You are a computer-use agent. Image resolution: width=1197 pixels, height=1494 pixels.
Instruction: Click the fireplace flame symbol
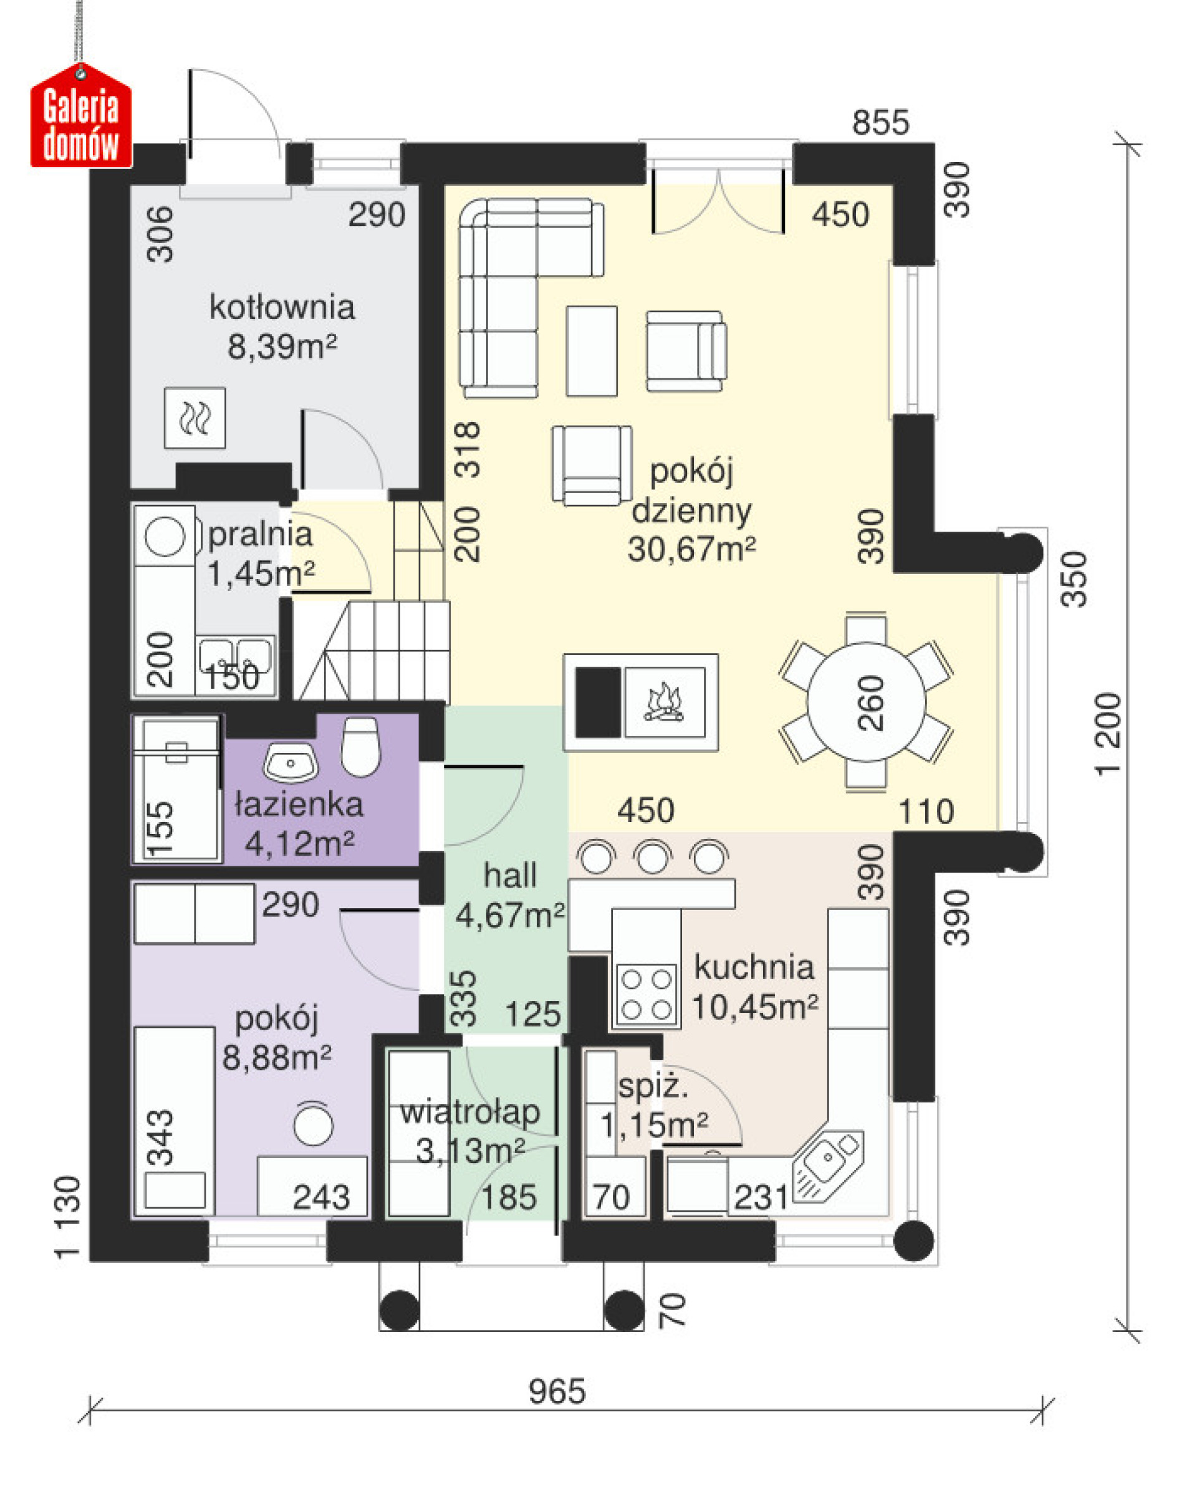(x=664, y=702)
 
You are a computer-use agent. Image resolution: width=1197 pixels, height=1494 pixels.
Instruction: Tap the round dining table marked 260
(x=867, y=701)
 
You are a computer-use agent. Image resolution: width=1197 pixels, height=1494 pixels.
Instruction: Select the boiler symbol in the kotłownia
(x=195, y=418)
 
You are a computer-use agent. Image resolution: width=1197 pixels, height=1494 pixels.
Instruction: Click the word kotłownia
(x=281, y=307)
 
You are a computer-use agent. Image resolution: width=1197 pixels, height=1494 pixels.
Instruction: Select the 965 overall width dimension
(x=557, y=1391)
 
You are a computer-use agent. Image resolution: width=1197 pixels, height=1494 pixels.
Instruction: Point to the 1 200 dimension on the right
(x=1108, y=734)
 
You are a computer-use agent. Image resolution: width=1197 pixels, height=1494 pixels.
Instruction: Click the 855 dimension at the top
(x=880, y=123)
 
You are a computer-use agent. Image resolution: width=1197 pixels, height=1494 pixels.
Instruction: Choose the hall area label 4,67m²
(x=510, y=916)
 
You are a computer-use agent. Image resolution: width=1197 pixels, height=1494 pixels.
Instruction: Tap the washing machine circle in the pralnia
(x=165, y=537)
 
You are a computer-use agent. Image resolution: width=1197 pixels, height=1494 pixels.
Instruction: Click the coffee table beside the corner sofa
(x=591, y=351)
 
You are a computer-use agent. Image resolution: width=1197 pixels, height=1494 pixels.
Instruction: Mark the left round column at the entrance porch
(x=399, y=1310)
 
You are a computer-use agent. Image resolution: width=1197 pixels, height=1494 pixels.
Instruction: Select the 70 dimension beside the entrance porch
(x=670, y=1310)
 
